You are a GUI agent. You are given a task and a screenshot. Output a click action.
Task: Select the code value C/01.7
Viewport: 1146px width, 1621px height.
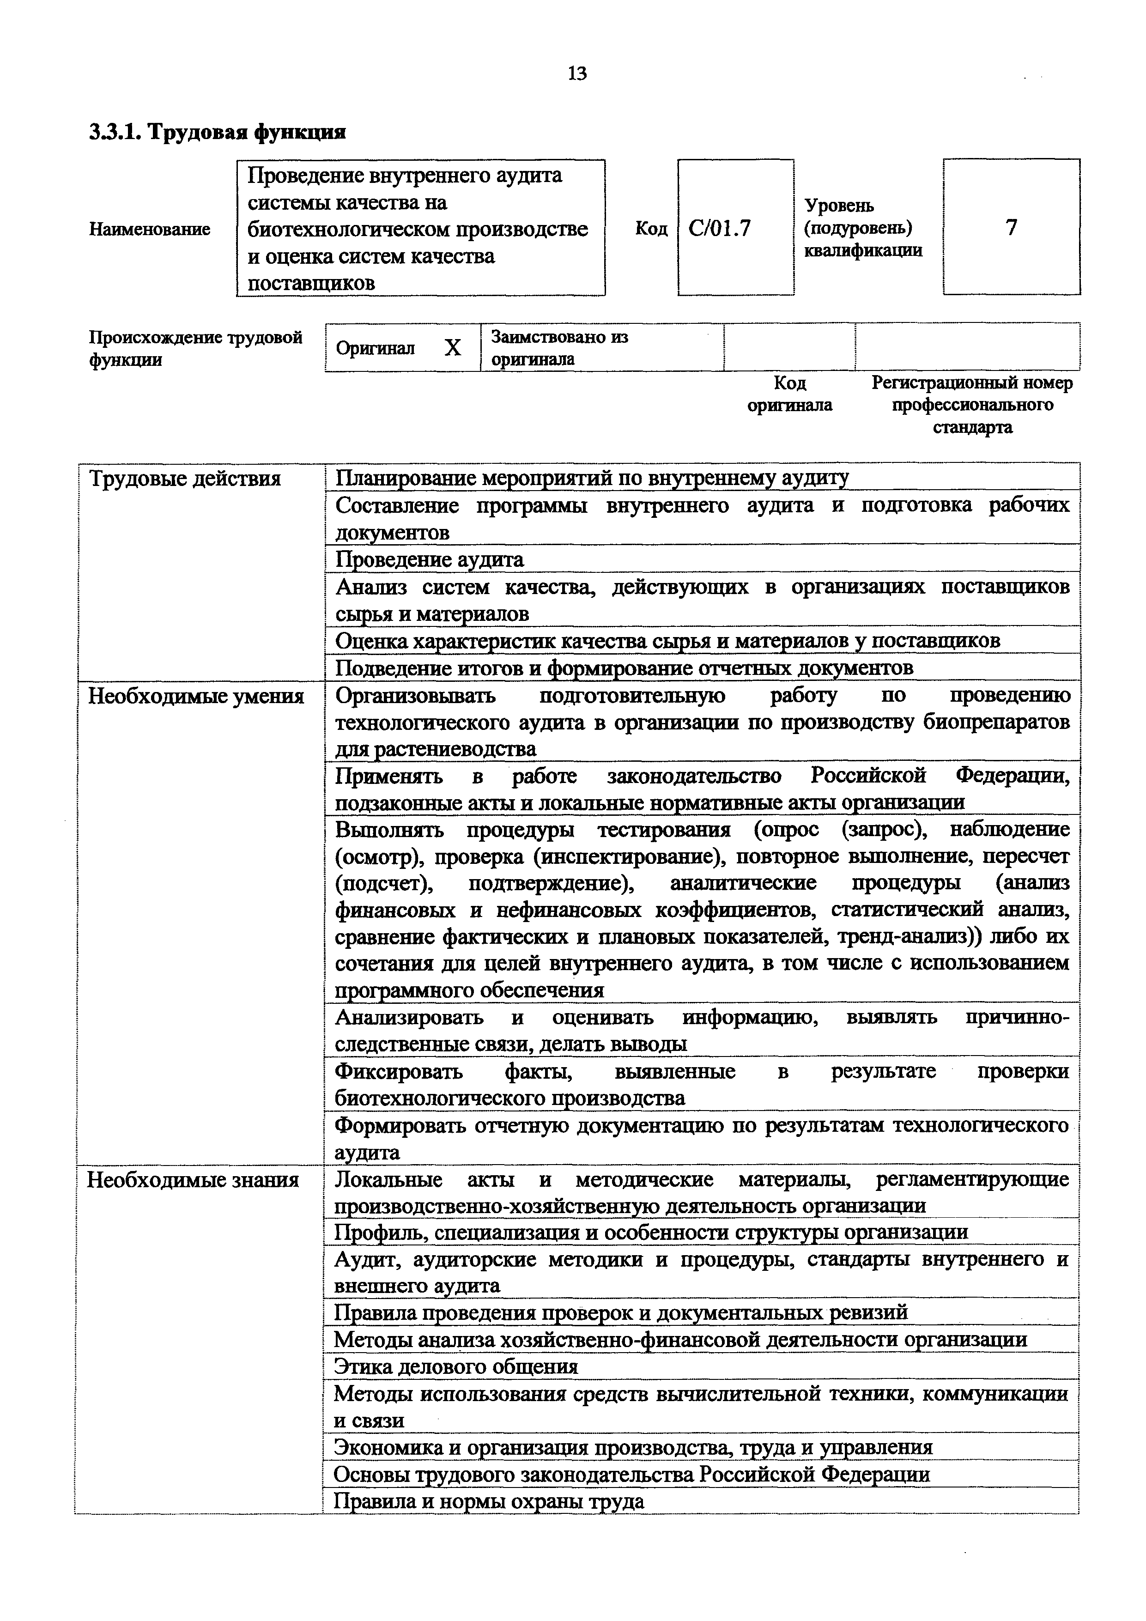click(720, 228)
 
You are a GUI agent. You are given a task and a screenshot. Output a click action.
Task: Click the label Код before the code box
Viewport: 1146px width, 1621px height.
click(651, 229)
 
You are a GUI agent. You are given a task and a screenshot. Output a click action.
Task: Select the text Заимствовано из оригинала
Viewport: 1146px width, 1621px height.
click(559, 348)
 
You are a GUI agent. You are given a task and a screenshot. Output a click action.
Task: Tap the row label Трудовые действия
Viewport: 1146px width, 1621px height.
click(185, 480)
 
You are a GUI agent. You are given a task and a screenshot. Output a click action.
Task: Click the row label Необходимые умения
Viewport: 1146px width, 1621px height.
click(195, 697)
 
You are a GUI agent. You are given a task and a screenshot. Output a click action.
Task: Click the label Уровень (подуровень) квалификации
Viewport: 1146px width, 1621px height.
click(863, 228)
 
